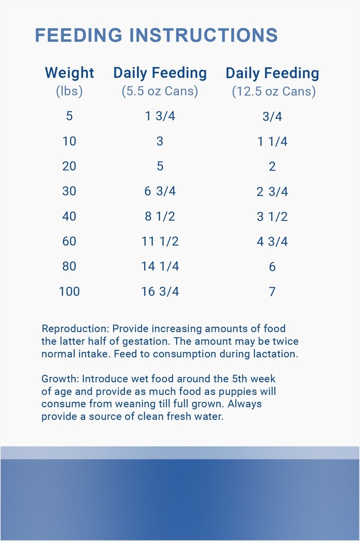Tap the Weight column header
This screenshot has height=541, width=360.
pos(69,73)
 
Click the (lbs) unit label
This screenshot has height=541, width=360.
pos(69,91)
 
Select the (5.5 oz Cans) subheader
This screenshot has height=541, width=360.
pos(160,91)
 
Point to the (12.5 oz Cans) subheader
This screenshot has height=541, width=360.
pos(273,92)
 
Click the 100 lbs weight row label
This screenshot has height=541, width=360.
pos(69,291)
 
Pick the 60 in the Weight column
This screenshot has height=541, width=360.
pos(69,241)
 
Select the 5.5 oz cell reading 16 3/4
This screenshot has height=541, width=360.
pos(160,291)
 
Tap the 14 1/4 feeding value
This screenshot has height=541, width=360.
pos(160,266)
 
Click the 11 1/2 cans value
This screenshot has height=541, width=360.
pos(160,241)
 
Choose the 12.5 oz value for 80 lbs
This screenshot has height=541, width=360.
pos(272,266)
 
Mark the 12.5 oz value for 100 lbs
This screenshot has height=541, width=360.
pos(272,291)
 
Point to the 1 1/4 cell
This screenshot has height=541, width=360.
pos(272,142)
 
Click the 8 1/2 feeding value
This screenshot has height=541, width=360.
pos(160,216)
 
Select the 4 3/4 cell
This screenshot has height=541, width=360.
pos(272,242)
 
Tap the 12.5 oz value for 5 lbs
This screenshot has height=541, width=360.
pos(272,117)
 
